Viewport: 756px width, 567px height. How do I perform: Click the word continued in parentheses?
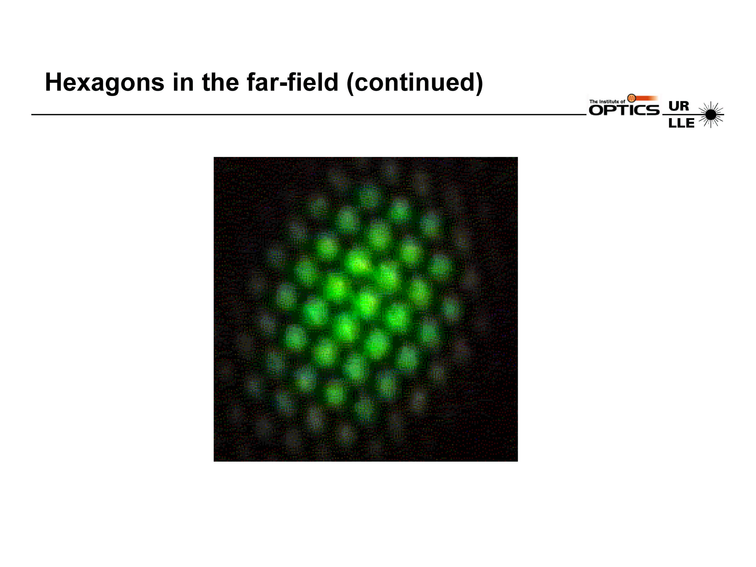(x=415, y=83)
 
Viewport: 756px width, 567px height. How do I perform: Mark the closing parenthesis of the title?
(x=478, y=83)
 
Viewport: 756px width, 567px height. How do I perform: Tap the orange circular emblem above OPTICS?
(x=632, y=98)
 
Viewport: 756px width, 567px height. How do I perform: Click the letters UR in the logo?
(x=679, y=106)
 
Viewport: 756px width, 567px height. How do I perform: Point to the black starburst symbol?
(x=711, y=115)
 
